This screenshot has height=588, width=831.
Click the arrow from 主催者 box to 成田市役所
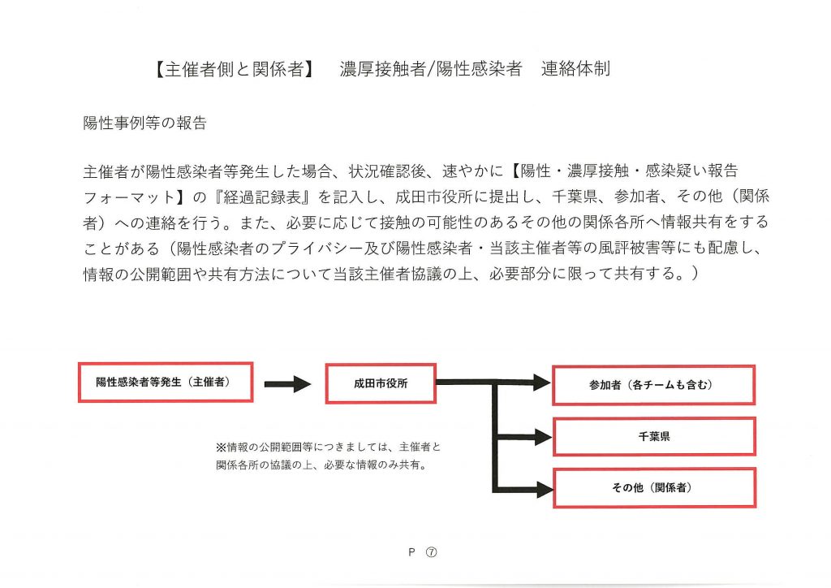pos(288,384)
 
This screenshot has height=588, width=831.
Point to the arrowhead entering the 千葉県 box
pos(543,437)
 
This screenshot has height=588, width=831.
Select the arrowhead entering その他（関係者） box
pos(544,489)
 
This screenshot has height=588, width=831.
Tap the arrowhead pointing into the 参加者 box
pos(541,383)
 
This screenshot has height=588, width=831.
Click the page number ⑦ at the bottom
pos(432,552)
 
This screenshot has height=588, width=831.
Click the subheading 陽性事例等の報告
pos(144,123)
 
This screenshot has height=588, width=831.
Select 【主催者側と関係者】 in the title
pos(234,69)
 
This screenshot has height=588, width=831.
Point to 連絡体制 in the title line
pos(575,69)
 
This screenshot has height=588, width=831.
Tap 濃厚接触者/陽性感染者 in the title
pos(430,69)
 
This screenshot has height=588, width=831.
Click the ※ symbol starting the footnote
pos(221,447)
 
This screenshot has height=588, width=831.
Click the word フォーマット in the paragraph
pos(129,197)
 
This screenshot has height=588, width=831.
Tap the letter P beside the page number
pos(411,552)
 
